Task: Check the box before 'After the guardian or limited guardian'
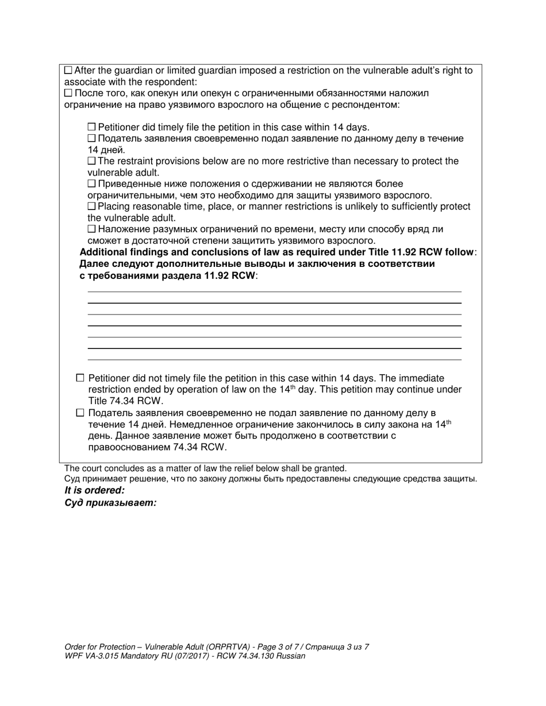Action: [68, 71]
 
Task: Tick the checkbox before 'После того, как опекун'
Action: [68, 93]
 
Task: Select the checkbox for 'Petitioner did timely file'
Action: [92, 127]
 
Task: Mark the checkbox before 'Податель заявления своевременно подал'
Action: [92, 138]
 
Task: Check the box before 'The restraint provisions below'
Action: [92, 161]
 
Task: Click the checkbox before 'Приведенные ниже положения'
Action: [92, 184]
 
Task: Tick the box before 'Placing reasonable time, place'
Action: [92, 206]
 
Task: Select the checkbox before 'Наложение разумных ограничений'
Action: [92, 229]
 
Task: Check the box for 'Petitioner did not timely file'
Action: [80, 378]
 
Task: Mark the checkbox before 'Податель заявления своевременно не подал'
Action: [80, 413]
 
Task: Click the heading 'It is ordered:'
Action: [94, 491]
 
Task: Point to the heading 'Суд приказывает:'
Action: [110, 503]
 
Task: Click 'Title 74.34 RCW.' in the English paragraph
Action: [126, 401]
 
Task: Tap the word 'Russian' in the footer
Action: [290, 656]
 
